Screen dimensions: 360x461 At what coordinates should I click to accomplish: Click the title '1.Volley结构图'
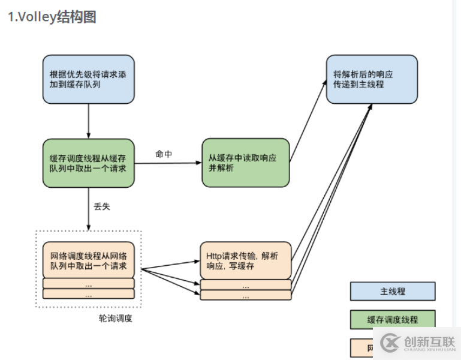(52, 17)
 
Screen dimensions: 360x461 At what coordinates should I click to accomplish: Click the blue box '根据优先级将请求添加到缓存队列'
(88, 79)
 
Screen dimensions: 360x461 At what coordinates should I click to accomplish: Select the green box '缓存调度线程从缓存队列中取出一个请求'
(88, 162)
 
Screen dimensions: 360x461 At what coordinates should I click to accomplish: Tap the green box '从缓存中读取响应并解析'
(245, 162)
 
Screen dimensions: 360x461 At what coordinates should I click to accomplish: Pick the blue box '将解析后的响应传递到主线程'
(372, 79)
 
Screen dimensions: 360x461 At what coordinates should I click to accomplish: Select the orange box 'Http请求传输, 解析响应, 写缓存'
(245, 260)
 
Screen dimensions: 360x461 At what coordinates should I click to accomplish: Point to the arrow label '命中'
(164, 154)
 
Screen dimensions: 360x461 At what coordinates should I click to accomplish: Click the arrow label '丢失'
(102, 207)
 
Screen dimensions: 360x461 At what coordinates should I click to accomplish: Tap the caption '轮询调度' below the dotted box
(115, 318)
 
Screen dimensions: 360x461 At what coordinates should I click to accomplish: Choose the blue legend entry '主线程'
(393, 291)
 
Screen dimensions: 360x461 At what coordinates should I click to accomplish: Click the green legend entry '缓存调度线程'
(393, 320)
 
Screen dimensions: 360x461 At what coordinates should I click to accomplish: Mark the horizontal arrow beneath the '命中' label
(167, 163)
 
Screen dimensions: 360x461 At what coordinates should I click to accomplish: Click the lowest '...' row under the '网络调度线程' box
(88, 295)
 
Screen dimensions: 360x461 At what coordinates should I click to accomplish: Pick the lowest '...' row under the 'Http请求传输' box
(245, 295)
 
